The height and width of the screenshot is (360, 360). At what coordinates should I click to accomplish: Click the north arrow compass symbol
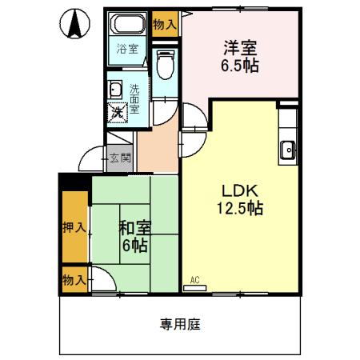point(74,24)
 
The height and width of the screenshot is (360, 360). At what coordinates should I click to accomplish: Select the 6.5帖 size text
point(239,66)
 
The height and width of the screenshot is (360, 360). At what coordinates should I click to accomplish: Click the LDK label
point(238,192)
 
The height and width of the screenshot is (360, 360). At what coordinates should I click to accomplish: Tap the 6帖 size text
point(134,245)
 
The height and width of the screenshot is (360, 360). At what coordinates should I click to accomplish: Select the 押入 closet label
point(74,227)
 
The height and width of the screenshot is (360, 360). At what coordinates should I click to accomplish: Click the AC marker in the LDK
point(194,280)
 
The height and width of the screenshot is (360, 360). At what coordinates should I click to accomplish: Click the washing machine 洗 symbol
point(118,112)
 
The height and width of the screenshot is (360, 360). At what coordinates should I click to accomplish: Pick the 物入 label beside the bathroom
point(166,24)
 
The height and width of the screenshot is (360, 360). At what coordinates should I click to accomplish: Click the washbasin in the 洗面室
point(114,89)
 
